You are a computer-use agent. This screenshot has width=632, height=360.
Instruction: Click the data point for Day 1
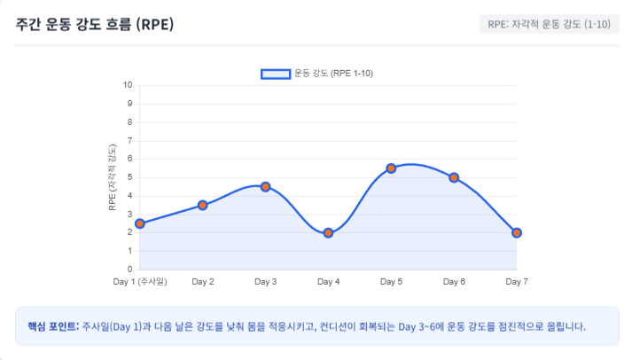[140, 223]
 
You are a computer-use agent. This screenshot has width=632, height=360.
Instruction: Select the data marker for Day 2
[203, 205]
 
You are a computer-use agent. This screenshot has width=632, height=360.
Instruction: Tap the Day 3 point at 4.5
[265, 187]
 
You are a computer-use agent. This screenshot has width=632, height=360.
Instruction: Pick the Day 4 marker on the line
[328, 232]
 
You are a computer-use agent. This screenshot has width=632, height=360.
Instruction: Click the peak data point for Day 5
[391, 168]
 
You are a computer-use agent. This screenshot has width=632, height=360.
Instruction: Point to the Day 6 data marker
[454, 177]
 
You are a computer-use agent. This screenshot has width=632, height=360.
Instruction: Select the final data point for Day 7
[517, 232]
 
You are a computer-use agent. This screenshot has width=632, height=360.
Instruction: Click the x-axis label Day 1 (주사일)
[140, 282]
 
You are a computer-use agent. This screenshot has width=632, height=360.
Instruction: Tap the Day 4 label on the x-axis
[328, 282]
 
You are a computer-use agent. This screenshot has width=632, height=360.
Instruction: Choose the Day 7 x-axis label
[517, 282]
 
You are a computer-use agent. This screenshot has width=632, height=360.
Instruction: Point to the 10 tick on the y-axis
[128, 85]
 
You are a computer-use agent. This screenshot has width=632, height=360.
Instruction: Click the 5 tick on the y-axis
[129, 177]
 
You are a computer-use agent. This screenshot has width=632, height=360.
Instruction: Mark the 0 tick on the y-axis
[129, 270]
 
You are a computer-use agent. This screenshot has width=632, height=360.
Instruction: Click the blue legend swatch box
[276, 74]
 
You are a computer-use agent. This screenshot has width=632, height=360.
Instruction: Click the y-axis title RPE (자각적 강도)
[113, 177]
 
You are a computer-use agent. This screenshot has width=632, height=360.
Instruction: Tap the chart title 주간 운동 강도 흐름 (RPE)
[95, 24]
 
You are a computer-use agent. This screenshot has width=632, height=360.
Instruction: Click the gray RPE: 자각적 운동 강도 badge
[549, 24]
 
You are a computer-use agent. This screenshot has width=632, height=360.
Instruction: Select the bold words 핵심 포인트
[53, 326]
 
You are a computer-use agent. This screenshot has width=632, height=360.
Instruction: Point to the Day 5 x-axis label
[391, 282]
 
